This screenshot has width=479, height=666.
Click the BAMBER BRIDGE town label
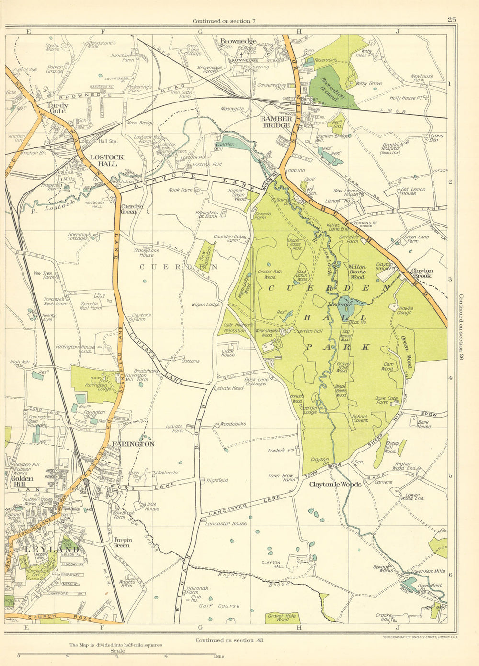click(x=275, y=122)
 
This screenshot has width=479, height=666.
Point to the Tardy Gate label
click(x=57, y=108)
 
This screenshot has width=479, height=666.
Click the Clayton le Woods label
click(x=335, y=484)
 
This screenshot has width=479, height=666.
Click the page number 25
click(x=451, y=20)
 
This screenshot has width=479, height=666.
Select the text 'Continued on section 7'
click(x=225, y=21)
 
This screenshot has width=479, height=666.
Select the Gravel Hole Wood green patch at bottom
click(x=283, y=618)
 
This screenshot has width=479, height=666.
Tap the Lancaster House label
click(x=226, y=524)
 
